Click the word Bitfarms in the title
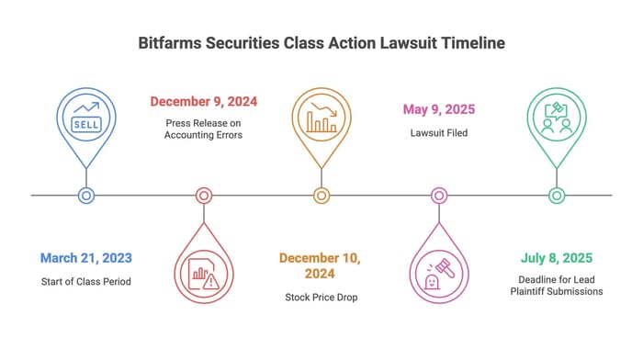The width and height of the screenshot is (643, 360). click(169, 42)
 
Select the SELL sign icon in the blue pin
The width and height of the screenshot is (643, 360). click(86, 124)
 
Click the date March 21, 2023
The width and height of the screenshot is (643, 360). click(86, 258)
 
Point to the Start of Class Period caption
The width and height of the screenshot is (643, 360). click(86, 282)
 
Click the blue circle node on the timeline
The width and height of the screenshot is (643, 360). click(86, 196)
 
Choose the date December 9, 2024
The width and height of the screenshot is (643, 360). click(203, 101)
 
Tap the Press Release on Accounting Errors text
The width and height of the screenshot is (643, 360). click(203, 129)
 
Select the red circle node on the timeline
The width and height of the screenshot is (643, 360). click(204, 196)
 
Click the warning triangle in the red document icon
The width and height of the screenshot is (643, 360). click(211, 281)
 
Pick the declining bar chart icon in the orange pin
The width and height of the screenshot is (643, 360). click(321, 118)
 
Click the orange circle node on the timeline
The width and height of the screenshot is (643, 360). click(321, 196)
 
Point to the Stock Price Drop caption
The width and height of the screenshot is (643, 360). click(321, 298)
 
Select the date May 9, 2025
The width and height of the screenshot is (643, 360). click(439, 109)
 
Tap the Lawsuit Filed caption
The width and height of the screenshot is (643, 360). click(439, 133)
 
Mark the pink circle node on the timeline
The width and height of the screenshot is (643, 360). click(439, 196)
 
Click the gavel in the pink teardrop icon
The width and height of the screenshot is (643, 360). click(446, 268)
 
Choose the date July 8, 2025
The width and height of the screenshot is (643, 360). click(557, 258)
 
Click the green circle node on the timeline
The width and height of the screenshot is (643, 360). click(557, 196)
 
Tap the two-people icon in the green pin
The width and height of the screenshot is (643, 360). click(557, 127)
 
